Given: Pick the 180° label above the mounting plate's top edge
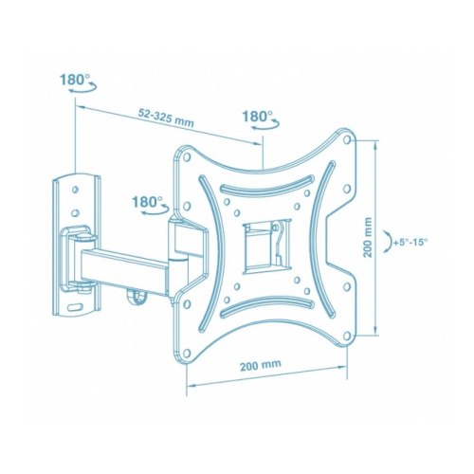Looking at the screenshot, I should click(x=256, y=117).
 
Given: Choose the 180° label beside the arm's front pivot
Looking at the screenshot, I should click(x=145, y=202).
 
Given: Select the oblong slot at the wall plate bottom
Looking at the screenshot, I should click(x=77, y=306).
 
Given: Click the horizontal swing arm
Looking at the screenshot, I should click(x=123, y=260).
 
